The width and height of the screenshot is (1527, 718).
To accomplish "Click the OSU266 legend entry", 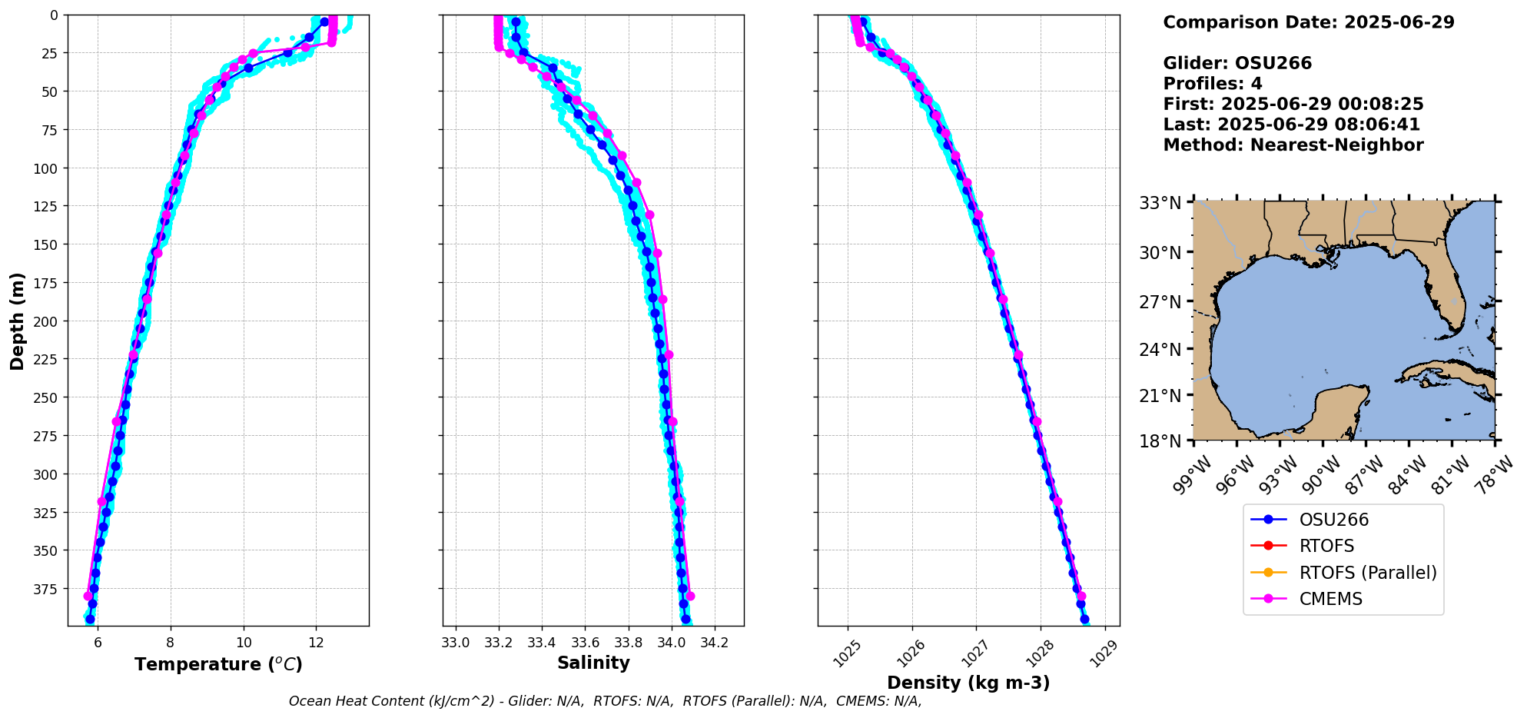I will click(x=1333, y=520).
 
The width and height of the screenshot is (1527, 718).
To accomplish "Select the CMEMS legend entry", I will click(x=1330, y=599).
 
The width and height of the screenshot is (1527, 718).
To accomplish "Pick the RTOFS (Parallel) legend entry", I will click(x=1367, y=573).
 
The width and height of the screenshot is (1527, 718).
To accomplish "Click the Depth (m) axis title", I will click(x=17, y=321).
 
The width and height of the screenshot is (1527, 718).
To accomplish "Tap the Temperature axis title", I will click(x=218, y=664).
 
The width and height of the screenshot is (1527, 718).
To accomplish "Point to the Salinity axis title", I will click(x=593, y=663).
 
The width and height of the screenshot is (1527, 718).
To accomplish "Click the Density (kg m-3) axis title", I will click(x=968, y=683).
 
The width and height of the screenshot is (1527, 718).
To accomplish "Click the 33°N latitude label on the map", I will click(x=1160, y=204).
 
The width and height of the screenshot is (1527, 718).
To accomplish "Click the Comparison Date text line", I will click(x=1308, y=22).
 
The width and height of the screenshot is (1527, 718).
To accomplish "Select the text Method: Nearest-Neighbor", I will click(x=1293, y=145).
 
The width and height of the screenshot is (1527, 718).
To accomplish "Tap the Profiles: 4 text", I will click(x=1212, y=84).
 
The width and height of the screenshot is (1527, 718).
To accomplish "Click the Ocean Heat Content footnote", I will click(x=605, y=701).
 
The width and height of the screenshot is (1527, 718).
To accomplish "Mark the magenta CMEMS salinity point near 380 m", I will click(x=690, y=596).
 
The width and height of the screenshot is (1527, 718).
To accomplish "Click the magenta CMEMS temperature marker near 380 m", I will click(x=88, y=596).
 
